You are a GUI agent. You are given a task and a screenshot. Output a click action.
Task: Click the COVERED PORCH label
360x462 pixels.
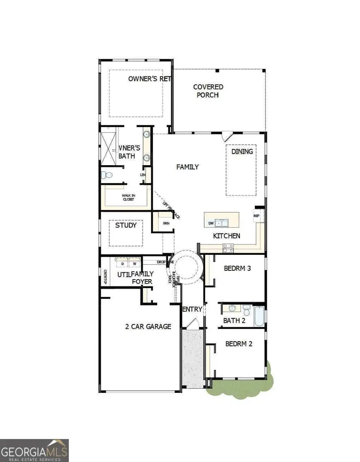pos(208,91)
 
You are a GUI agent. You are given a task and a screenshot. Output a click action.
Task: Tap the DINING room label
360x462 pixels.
pos(242,151)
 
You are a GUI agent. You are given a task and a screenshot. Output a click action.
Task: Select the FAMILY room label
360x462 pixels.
pos(188,167)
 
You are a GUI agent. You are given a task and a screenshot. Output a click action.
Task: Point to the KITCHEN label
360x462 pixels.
pos(226,236)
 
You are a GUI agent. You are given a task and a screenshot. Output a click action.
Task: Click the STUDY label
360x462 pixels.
pos(126,225)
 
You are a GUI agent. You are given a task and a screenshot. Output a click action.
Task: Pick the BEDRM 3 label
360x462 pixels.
pos(237,268)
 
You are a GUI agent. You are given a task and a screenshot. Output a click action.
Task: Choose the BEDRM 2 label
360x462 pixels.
pos(238,343)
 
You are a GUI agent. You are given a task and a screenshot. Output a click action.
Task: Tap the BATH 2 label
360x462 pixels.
pos(234,320)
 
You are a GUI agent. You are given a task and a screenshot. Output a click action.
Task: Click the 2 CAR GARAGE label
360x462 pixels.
pos(148,326)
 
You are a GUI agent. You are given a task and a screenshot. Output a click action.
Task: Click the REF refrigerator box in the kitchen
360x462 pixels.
pos(257,216)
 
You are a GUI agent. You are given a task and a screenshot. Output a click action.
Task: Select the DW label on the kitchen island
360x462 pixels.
pos(210,223)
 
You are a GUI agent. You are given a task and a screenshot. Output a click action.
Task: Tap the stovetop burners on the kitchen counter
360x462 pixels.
pos(228,248)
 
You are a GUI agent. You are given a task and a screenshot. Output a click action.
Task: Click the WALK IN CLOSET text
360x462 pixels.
pos(128,197)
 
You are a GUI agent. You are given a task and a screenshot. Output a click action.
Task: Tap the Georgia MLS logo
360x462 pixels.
pos(34,450)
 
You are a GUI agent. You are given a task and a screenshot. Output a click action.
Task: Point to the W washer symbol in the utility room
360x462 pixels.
pos(134,264)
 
